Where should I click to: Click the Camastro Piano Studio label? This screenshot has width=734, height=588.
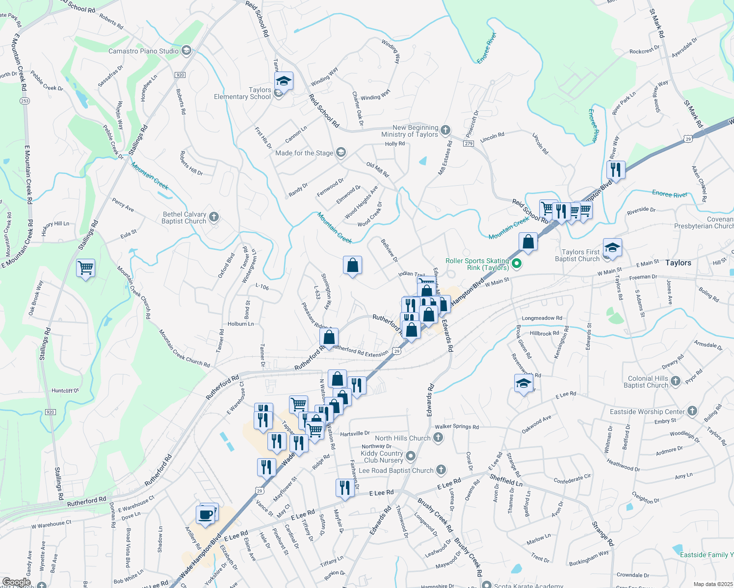click(x=143, y=51)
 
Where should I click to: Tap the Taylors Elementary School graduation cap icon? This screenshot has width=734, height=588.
click(x=284, y=81)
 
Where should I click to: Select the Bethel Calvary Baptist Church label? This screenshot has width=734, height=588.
click(x=184, y=218)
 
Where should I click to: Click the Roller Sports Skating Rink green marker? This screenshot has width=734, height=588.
click(x=516, y=264)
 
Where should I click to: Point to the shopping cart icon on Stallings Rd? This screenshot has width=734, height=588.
click(x=86, y=268)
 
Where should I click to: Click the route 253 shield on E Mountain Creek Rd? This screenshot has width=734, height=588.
click(x=25, y=101)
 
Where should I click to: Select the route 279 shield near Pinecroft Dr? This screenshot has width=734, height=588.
click(x=468, y=143)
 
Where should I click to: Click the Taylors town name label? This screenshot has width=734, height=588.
click(x=678, y=263)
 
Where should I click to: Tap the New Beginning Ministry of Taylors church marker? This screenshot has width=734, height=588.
click(x=445, y=130)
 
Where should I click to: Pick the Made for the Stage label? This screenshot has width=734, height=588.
click(x=304, y=153)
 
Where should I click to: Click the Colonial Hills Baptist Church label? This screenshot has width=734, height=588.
click(x=648, y=382)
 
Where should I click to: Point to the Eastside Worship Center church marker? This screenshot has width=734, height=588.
click(x=692, y=411)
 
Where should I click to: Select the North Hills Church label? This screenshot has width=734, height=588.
click(x=402, y=438)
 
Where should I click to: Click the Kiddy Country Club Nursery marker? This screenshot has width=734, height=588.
click(x=411, y=456)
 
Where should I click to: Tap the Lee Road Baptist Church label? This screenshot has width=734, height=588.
click(x=396, y=470)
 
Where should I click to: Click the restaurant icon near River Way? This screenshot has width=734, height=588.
click(x=615, y=170)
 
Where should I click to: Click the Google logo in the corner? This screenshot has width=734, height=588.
click(x=16, y=582)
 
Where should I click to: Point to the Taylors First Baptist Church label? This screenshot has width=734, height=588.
click(x=577, y=255)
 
